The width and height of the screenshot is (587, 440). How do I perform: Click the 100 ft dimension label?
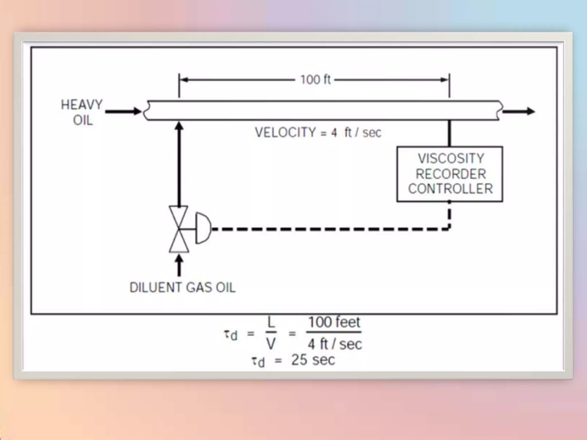[x=315, y=80]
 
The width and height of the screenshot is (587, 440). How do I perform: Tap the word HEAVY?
[x=82, y=105]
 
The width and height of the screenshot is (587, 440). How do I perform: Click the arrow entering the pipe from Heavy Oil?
[x=123, y=111]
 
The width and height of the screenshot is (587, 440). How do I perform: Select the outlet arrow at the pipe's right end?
[x=519, y=111]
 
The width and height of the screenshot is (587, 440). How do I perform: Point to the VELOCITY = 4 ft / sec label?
[x=318, y=132]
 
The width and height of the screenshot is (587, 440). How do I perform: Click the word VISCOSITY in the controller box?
[x=451, y=158]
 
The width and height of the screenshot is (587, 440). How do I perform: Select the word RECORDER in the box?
[x=451, y=174]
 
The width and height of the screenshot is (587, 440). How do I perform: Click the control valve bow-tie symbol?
[x=179, y=229]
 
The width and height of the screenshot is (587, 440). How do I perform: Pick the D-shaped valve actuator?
[x=203, y=228]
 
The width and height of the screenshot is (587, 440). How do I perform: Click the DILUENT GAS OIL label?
[x=183, y=288]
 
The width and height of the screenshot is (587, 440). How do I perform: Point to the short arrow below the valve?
[x=179, y=265]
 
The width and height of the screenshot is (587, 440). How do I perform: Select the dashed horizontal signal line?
[x=330, y=229]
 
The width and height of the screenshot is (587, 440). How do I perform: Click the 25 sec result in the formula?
[x=313, y=360]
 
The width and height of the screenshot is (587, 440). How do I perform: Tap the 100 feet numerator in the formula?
[x=334, y=322]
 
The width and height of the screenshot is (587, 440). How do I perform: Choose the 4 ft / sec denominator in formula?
[x=335, y=344]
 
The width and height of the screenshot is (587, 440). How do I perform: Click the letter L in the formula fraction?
[x=271, y=323]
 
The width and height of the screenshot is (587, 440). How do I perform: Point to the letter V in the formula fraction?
[x=271, y=344]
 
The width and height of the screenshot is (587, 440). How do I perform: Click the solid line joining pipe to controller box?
[x=449, y=133]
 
